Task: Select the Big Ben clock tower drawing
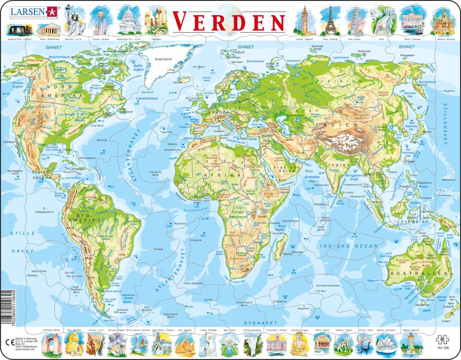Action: click(x=305, y=21)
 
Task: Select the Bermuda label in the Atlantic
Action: click(x=102, y=140)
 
